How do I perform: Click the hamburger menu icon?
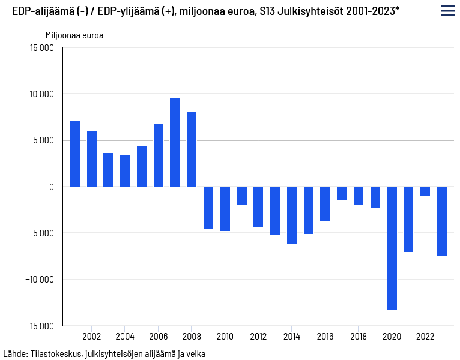click(x=447, y=11)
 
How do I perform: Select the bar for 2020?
click(x=392, y=248)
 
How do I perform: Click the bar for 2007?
click(x=175, y=143)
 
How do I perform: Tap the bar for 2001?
click(x=75, y=154)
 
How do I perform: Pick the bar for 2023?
click(x=442, y=221)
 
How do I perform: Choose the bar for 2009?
click(x=208, y=208)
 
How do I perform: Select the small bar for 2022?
click(x=425, y=191)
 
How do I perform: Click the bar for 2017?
click(x=342, y=193)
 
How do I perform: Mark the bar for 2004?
click(x=125, y=171)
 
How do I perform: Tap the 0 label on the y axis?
click(x=51, y=187)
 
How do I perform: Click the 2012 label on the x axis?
click(x=258, y=336)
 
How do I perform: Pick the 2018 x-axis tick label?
click(x=359, y=336)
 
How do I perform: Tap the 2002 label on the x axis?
click(x=91, y=336)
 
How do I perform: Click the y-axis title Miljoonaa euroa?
click(x=74, y=35)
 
